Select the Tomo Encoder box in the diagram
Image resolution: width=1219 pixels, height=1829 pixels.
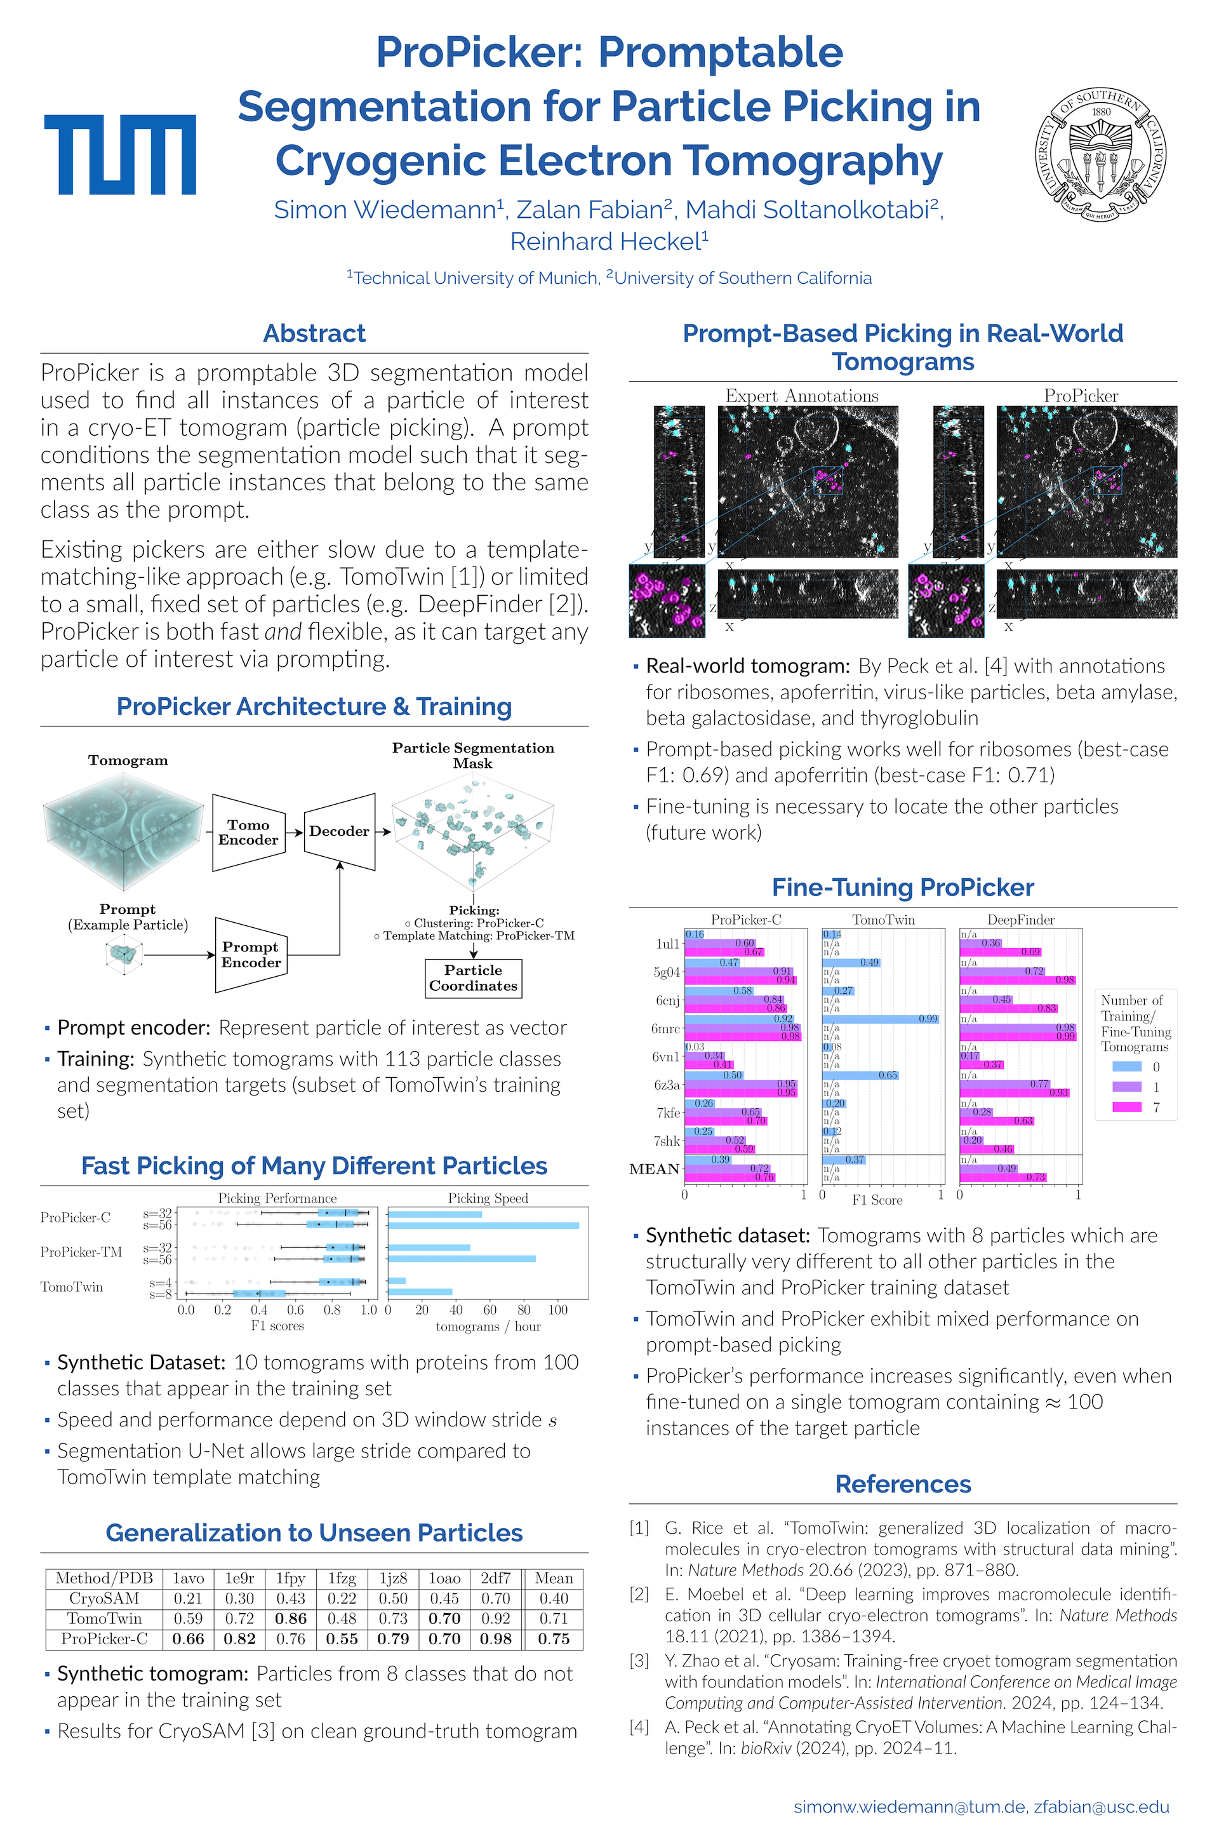pyautogui.click(x=248, y=832)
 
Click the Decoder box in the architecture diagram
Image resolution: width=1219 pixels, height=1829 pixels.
pyautogui.click(x=339, y=831)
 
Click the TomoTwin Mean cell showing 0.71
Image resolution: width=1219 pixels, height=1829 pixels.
pyautogui.click(x=554, y=1618)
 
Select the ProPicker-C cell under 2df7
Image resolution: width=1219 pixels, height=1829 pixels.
pyautogui.click(x=495, y=1638)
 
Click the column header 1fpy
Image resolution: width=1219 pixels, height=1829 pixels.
pyautogui.click(x=290, y=1578)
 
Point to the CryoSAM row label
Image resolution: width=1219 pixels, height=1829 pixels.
pyautogui.click(x=104, y=1598)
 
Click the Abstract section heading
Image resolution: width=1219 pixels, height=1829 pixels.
pyautogui.click(x=314, y=333)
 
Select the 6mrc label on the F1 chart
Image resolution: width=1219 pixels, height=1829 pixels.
pyautogui.click(x=665, y=1028)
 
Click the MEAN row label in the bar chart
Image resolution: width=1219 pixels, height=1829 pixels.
pyautogui.click(x=655, y=1169)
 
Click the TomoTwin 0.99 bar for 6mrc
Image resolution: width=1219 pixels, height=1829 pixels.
pyautogui.click(x=880, y=1019)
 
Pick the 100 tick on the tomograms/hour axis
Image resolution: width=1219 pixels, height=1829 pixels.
pyautogui.click(x=558, y=1310)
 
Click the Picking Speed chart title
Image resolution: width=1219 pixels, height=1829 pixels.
pyautogui.click(x=488, y=1198)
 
